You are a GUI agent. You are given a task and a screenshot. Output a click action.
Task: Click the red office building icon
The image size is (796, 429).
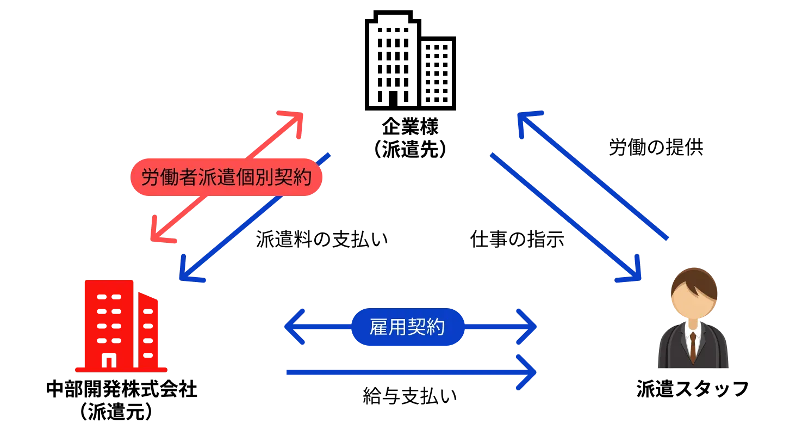[x=121, y=326]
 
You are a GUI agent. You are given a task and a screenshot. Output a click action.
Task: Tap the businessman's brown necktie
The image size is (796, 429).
[x=693, y=346]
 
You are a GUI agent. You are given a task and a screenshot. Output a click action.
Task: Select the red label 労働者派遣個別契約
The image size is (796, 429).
[x=226, y=177]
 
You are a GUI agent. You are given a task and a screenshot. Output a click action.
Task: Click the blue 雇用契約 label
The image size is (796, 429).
[x=408, y=327]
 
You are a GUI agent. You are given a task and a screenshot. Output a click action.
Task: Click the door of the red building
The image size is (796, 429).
[x=109, y=360]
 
